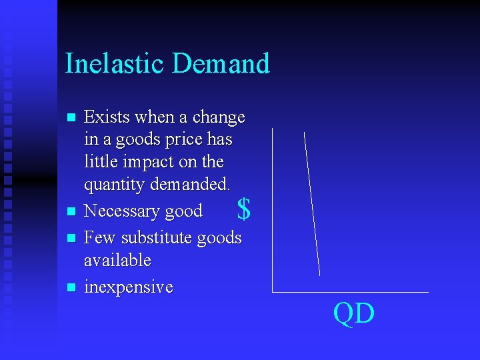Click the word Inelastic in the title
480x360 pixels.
point(114,63)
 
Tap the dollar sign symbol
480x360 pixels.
point(244,210)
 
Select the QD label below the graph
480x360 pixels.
point(354,313)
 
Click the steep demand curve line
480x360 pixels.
point(312,203)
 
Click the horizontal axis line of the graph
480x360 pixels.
point(350,292)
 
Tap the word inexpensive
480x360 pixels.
point(128,287)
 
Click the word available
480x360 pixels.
point(117,260)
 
